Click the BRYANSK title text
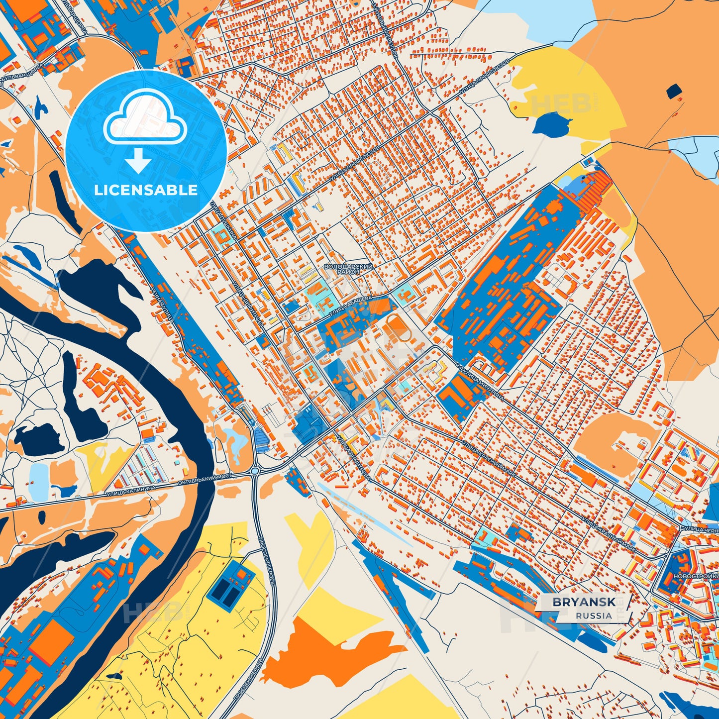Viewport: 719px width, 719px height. [584, 602]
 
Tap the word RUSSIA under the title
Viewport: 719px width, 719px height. [594, 616]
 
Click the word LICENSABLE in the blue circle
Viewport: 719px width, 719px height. [146, 190]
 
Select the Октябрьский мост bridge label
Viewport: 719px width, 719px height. [214, 479]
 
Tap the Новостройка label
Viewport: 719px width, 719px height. [696, 576]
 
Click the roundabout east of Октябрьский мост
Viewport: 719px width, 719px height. [255, 471]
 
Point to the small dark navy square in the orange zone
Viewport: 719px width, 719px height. [674, 91]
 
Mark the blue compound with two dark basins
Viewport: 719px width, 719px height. [230, 585]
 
